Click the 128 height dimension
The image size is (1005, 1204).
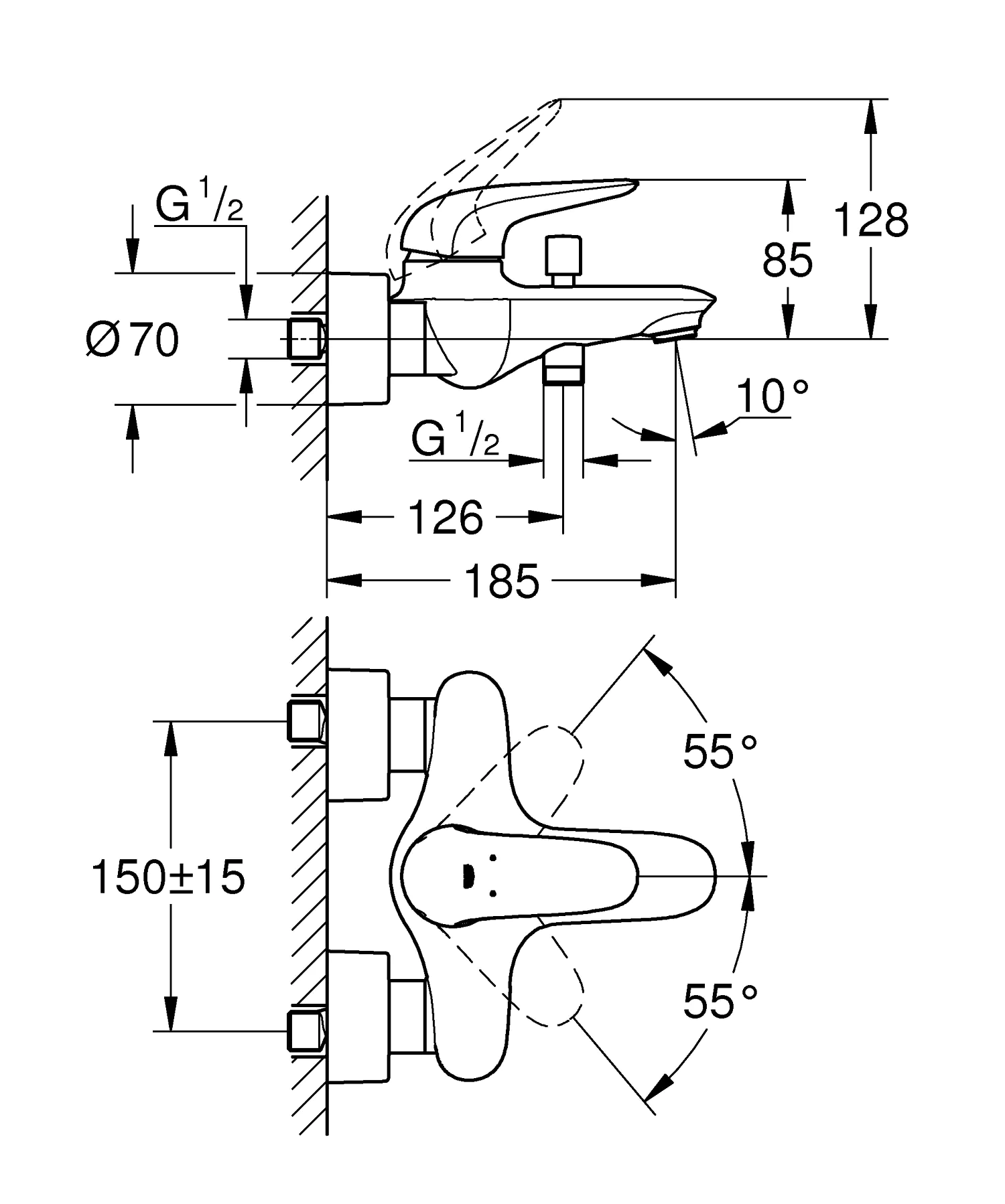871,220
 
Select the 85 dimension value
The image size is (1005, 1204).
787,260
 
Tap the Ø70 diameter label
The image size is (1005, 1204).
133,340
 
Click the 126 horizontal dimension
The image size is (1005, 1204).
445,517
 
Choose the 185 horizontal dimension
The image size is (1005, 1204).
501,581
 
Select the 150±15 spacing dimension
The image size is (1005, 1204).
168,877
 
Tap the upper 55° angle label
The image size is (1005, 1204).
720,751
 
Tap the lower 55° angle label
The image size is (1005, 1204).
720,1002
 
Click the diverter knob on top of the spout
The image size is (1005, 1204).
563,260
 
